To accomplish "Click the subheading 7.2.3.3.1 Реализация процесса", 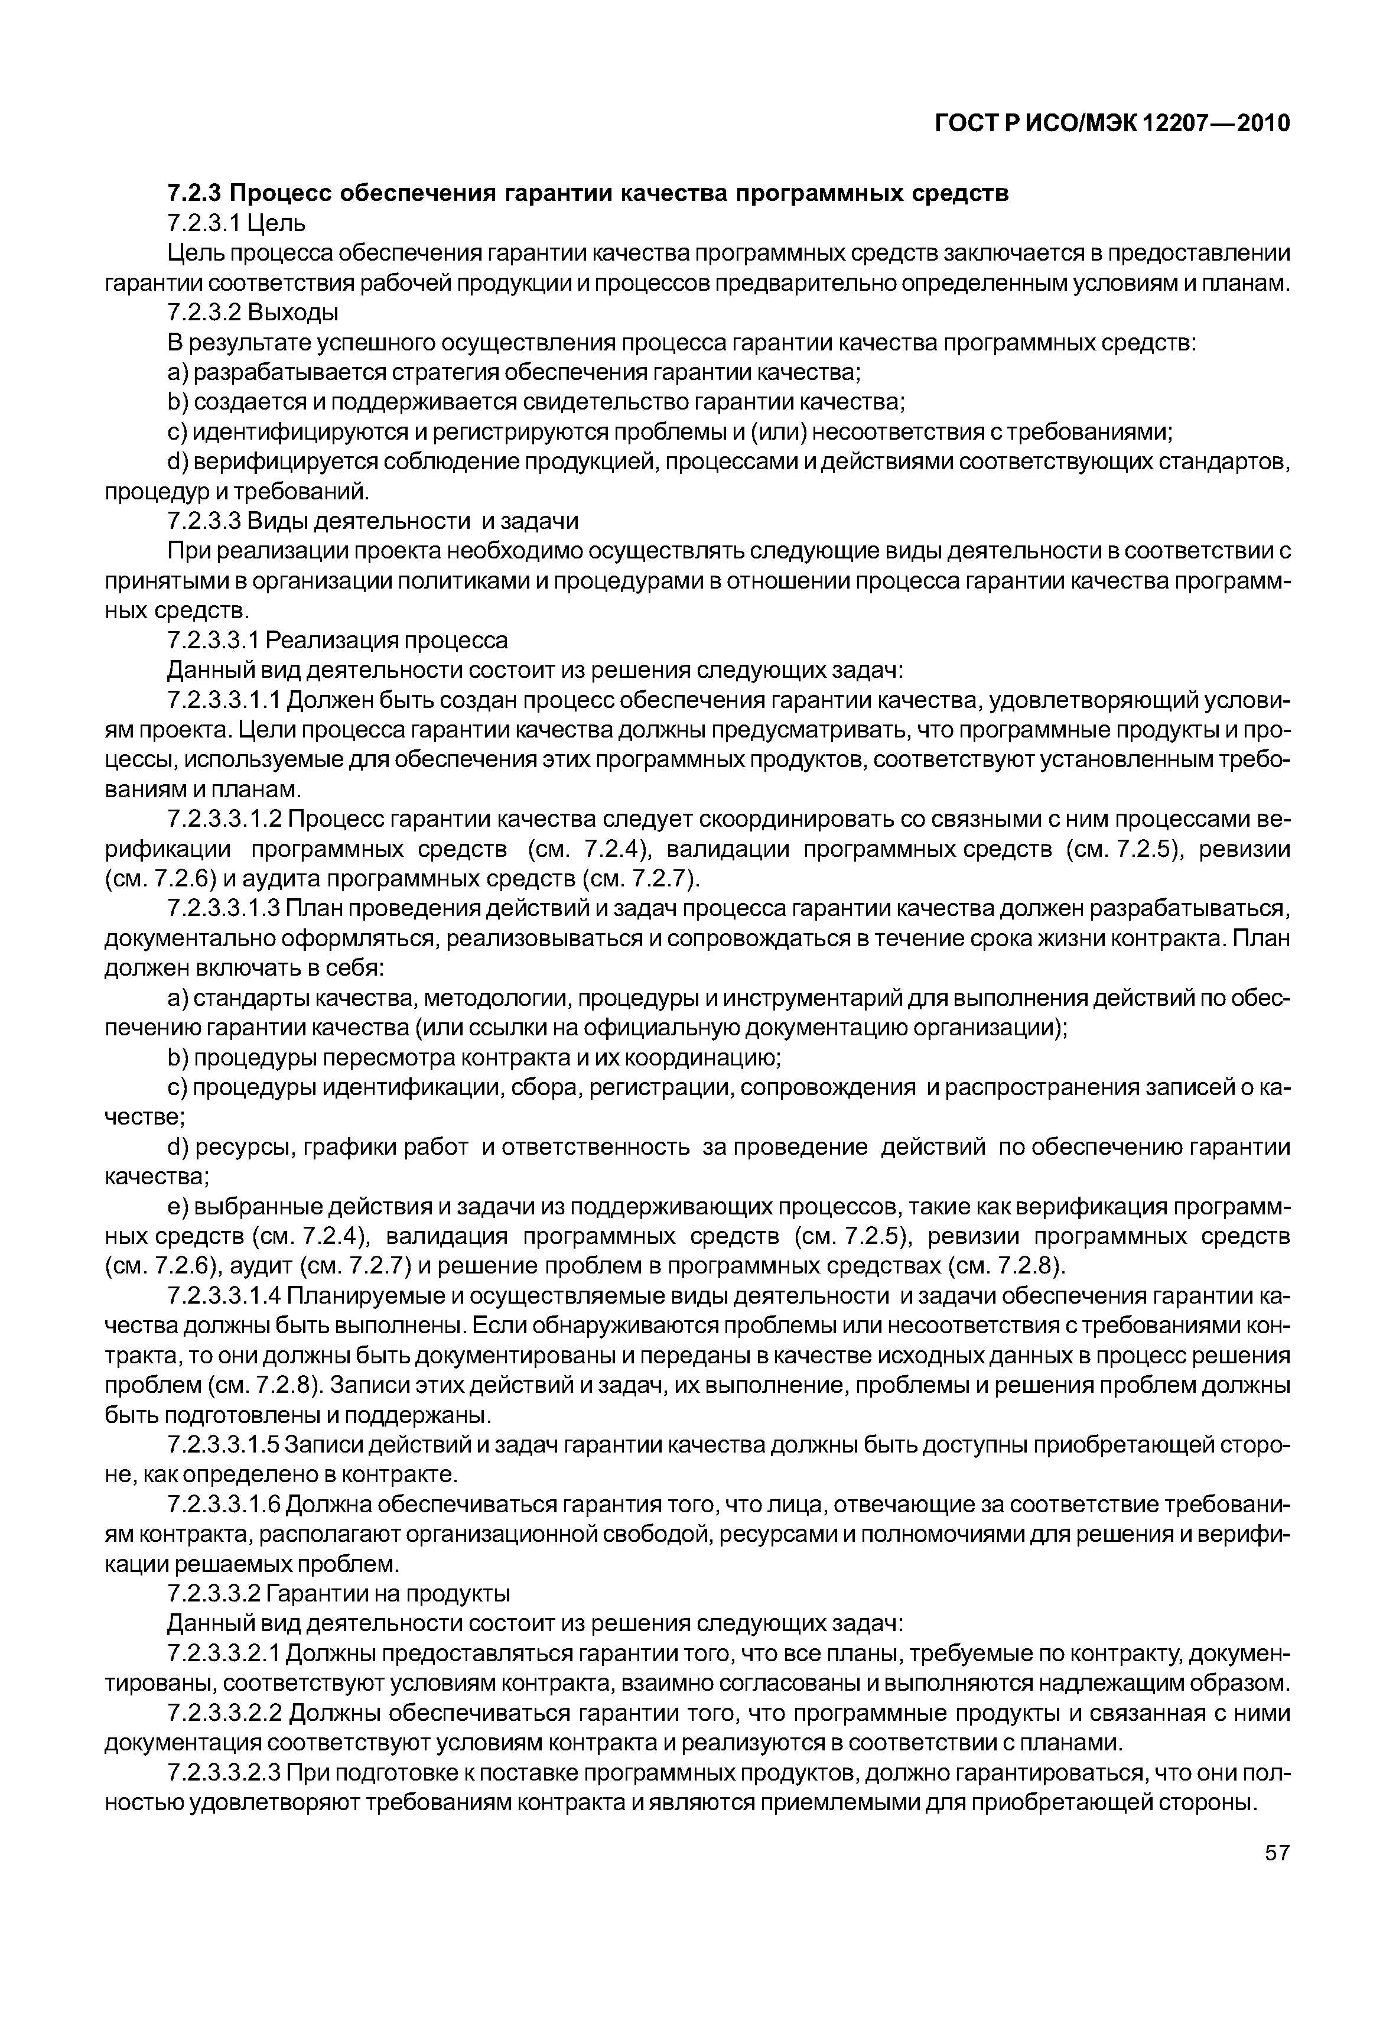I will coord(337,640).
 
